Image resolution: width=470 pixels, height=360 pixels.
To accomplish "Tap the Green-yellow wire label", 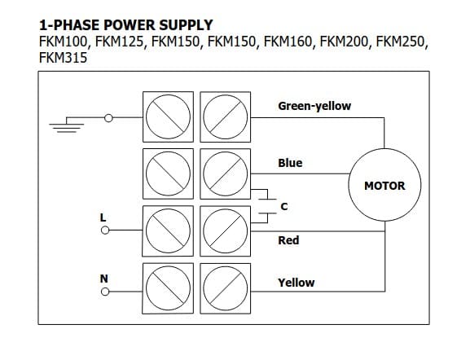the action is click(314, 106).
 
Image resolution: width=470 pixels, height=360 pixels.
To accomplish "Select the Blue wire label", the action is click(290, 163).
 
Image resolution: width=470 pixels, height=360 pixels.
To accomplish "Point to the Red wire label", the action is click(288, 240).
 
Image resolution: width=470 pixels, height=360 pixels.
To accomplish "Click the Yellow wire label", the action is click(296, 283).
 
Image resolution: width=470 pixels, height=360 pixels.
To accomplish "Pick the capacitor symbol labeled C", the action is click(267, 206).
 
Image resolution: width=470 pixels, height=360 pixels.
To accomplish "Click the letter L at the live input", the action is click(103, 217).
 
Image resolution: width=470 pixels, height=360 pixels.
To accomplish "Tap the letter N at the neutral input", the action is click(103, 279).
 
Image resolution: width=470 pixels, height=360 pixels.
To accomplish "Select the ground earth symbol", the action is click(67, 125).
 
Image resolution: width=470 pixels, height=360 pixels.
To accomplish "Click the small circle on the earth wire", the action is click(108, 118).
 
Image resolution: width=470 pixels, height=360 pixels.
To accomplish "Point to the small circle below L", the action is click(105, 230).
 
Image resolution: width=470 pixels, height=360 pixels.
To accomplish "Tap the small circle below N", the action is click(105, 292).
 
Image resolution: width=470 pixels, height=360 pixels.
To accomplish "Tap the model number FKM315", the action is click(64, 58).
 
